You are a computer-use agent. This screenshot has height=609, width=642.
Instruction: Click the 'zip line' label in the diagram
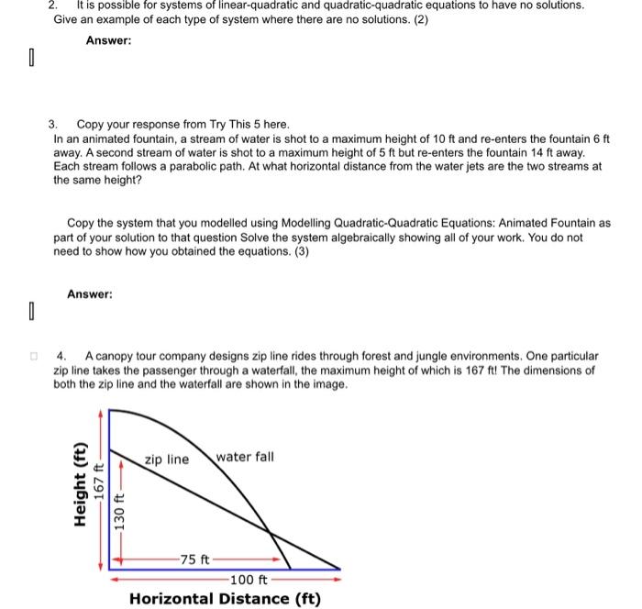click(166, 459)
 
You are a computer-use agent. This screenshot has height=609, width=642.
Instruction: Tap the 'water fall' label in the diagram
click(245, 457)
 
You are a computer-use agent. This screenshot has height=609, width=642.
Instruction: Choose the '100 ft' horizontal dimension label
click(249, 579)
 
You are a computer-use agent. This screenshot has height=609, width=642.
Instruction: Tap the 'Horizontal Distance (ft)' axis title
click(225, 599)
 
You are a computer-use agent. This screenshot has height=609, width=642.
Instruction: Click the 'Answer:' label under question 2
click(108, 40)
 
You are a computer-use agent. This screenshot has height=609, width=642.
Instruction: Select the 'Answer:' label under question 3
click(90, 294)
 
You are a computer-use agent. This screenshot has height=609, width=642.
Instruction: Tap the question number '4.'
click(61, 355)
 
